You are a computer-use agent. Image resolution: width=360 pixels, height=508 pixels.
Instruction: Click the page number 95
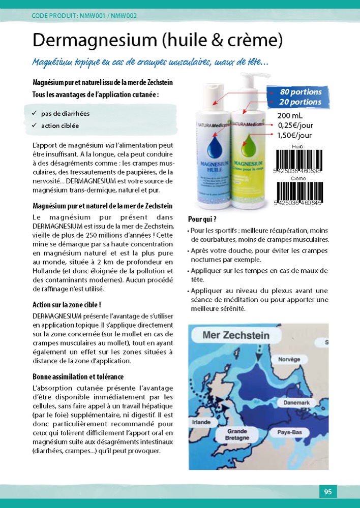coord(328,492)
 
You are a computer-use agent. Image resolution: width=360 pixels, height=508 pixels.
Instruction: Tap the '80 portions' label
coord(301,92)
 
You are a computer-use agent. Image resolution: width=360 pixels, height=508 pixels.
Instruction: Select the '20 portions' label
coord(301,102)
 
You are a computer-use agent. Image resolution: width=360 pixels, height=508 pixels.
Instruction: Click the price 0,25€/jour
coord(294,125)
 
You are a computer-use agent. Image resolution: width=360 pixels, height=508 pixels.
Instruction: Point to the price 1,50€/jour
coord(294,135)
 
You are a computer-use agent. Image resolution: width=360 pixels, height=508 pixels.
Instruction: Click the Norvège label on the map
coord(289,360)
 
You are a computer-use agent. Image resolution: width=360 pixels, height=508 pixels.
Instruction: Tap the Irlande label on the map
coord(201,422)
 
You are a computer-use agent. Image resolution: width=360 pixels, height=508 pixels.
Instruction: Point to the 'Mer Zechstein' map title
coord(236,335)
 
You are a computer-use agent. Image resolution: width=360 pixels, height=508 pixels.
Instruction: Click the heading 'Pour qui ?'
coord(202,219)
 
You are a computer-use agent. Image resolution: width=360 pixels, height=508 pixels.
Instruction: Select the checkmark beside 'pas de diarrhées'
coord(34,113)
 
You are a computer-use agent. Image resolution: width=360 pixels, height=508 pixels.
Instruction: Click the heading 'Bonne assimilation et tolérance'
coord(78,377)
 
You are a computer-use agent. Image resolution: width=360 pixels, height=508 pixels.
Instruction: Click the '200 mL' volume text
coord(290,116)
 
